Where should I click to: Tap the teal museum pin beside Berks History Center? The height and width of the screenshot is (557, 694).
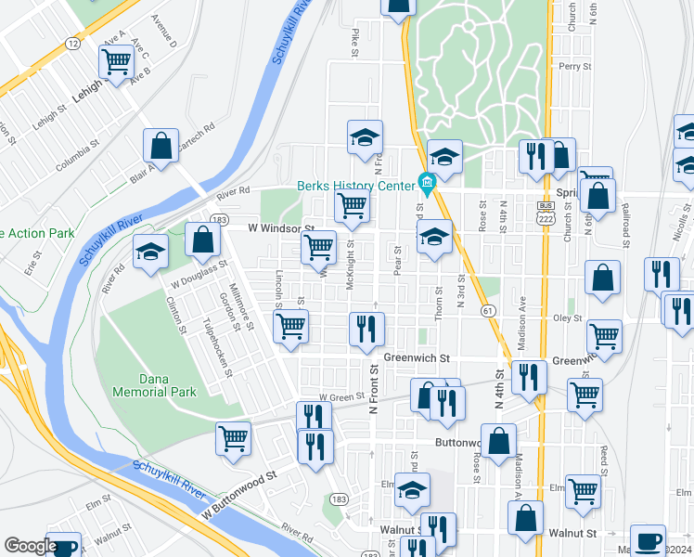point(427,181)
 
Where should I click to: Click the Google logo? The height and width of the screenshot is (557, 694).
point(31,546)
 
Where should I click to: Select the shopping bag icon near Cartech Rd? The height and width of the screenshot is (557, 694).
point(161,146)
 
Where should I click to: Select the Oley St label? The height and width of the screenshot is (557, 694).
point(567,317)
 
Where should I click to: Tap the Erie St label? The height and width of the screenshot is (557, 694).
point(35,265)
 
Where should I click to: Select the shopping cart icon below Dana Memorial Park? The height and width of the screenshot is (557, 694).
point(233,438)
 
